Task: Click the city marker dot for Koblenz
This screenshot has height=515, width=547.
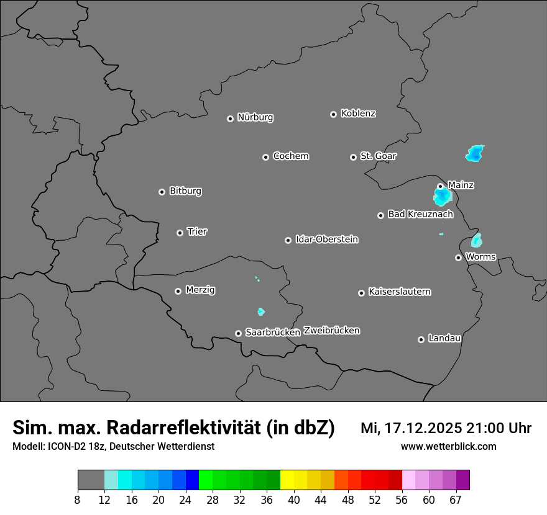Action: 334,114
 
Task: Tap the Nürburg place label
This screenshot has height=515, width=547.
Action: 255,117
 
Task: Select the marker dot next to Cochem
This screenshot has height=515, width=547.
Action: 265,157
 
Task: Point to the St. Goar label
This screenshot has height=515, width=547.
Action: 378,156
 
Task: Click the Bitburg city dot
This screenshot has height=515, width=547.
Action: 162,192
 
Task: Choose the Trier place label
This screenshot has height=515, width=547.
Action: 197,231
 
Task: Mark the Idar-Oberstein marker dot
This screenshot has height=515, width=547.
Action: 288,240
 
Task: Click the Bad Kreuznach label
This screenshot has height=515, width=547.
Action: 420,214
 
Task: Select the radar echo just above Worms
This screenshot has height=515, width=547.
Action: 477,240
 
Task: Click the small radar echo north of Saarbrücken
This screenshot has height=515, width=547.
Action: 261,311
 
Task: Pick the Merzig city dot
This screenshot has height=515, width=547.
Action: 178,291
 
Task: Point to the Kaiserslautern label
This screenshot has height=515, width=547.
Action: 400,292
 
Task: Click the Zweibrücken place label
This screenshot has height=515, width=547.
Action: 332,331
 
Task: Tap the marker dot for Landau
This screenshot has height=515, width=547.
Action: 421,339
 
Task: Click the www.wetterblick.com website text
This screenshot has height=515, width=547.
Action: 448,446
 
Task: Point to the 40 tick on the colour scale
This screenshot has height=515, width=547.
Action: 294,499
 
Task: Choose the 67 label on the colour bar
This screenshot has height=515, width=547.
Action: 456,499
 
